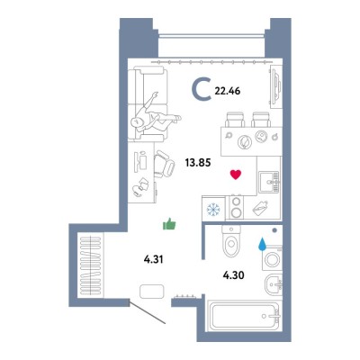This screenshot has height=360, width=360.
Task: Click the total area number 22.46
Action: pos(228,91)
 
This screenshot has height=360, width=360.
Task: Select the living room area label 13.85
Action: pos(198,163)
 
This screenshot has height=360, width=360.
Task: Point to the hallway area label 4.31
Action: pos(153,259)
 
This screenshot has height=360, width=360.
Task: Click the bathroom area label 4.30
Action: pos(233,274)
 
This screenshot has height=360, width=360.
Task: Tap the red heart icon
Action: pos(236,175)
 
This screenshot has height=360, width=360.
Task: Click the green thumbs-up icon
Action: pos(169,224)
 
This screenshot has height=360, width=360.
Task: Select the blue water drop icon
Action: pos(262,244)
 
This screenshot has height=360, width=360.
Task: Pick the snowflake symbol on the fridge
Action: pos(213,209)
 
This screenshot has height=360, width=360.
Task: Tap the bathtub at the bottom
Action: pos(244,316)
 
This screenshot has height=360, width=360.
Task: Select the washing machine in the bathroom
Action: pos(272,258)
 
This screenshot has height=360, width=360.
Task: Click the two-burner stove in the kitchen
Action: pos(237,207)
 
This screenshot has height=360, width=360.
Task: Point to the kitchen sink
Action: pos(269,182)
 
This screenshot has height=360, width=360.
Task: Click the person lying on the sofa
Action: pos(156,115)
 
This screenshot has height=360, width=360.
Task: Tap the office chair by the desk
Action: pos(164,164)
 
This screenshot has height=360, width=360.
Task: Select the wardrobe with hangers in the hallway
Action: pos(91,265)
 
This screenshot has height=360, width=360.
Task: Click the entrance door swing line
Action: pos(148,311)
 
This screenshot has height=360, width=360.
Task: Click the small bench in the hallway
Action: pos(152,292)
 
